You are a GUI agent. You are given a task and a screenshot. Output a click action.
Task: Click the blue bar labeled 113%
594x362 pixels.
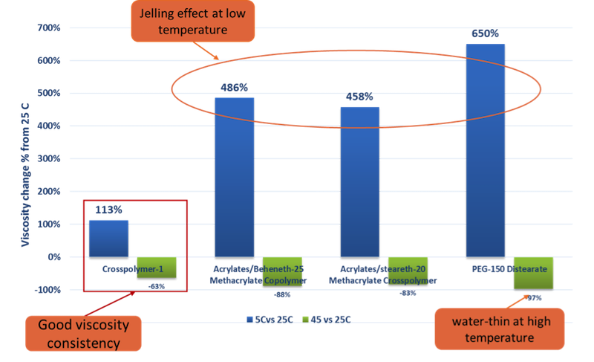pyautogui.click(x=108, y=237)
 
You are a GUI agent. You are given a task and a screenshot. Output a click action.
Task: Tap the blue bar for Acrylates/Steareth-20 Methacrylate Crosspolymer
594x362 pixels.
pyautogui.click(x=359, y=181)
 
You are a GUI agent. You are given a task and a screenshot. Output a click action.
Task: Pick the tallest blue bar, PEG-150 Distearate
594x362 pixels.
pyautogui.click(x=485, y=149)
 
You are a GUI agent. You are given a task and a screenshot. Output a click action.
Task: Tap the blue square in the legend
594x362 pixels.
pyautogui.click(x=249, y=320)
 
